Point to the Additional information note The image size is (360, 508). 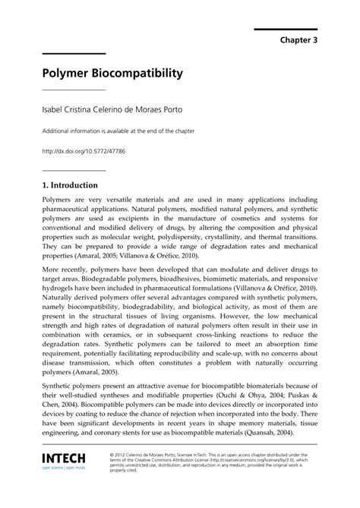coord(117,131)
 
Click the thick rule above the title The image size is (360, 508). coord(73,54)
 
